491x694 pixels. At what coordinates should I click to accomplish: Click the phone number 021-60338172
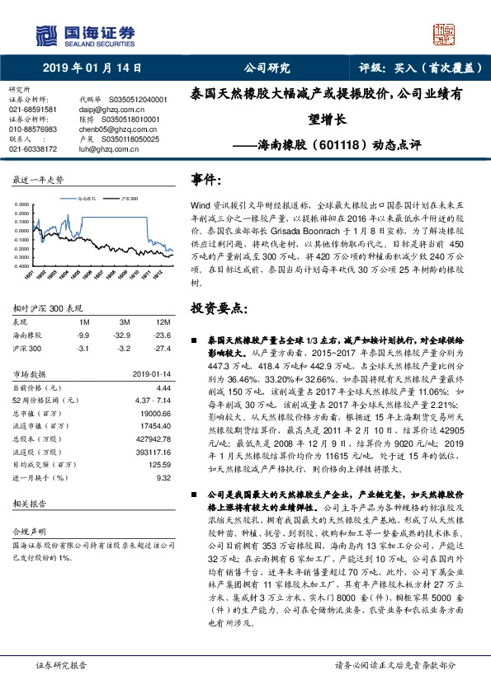(33, 149)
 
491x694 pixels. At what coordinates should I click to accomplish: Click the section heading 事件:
(207, 179)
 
